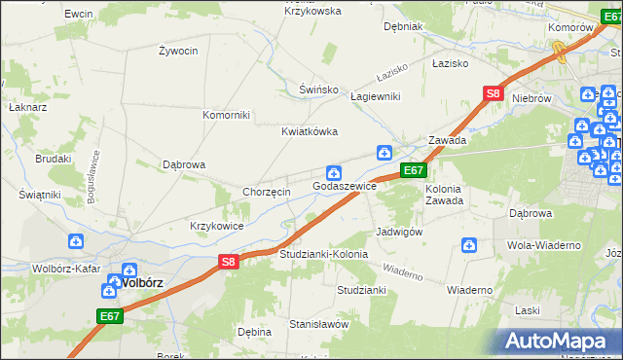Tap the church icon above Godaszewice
[333, 172]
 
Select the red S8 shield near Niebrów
[493, 94]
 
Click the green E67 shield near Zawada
[414, 170]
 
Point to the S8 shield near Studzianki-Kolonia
[228, 261]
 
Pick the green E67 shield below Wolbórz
[110, 316]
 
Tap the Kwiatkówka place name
[310, 132]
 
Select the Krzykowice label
[217, 226]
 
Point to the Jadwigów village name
[399, 233]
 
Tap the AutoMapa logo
[560, 342]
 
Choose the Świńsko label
[318, 90]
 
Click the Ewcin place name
[78, 15]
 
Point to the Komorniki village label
[226, 115]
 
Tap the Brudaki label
[55, 159]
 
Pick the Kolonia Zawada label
[443, 195]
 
